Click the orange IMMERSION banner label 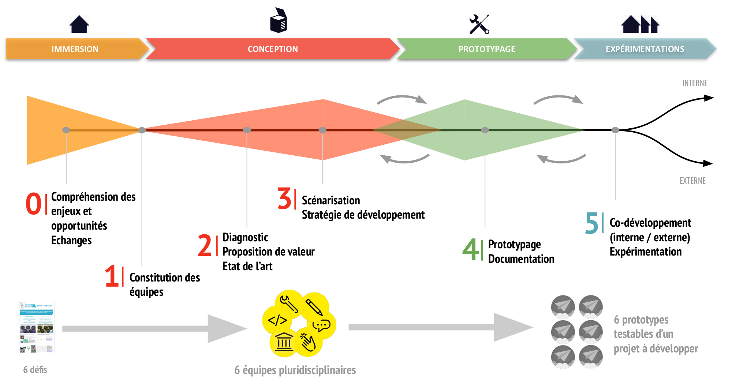75,49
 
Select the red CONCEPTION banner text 273,49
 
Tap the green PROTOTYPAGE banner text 487,49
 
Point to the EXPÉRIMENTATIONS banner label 645,49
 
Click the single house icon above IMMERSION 79,24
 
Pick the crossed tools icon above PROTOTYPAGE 479,24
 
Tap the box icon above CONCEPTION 279,20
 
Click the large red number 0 34,204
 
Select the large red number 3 284,199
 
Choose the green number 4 470,250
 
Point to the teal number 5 591,223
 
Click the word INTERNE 695,83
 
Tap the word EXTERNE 692,181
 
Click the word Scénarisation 331,200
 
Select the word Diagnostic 245,238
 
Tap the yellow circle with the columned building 284,342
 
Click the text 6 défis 35,370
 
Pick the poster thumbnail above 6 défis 36,328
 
